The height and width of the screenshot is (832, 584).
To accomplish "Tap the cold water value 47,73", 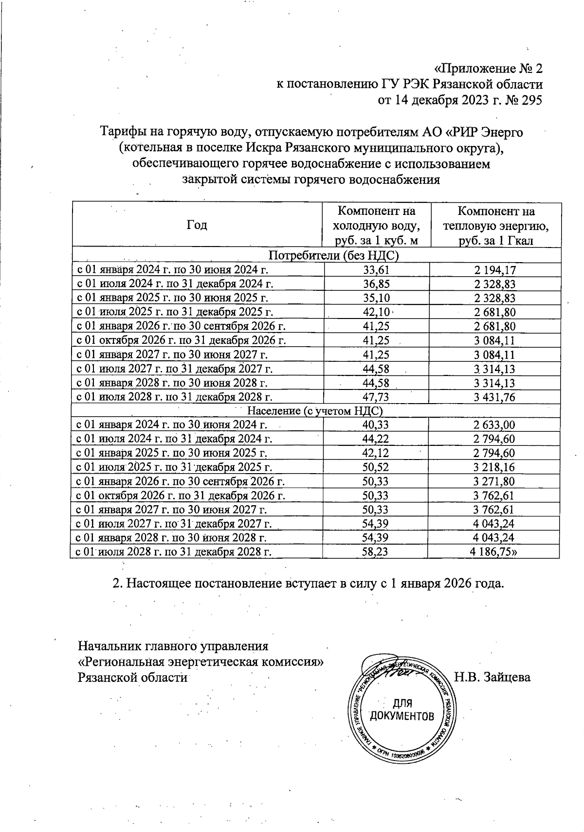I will coord(377,397).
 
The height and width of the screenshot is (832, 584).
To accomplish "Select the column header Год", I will coord(197,225).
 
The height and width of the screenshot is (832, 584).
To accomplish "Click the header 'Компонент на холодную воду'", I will coord(376,226).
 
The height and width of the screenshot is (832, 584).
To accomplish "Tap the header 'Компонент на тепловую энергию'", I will coord(495,226).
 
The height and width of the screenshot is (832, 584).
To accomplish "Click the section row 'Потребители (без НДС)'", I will coord(317,256).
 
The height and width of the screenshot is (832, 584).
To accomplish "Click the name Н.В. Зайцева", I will coord(492,677).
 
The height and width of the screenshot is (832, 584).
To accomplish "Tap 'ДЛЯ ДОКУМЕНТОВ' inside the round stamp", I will coord(402,710).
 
